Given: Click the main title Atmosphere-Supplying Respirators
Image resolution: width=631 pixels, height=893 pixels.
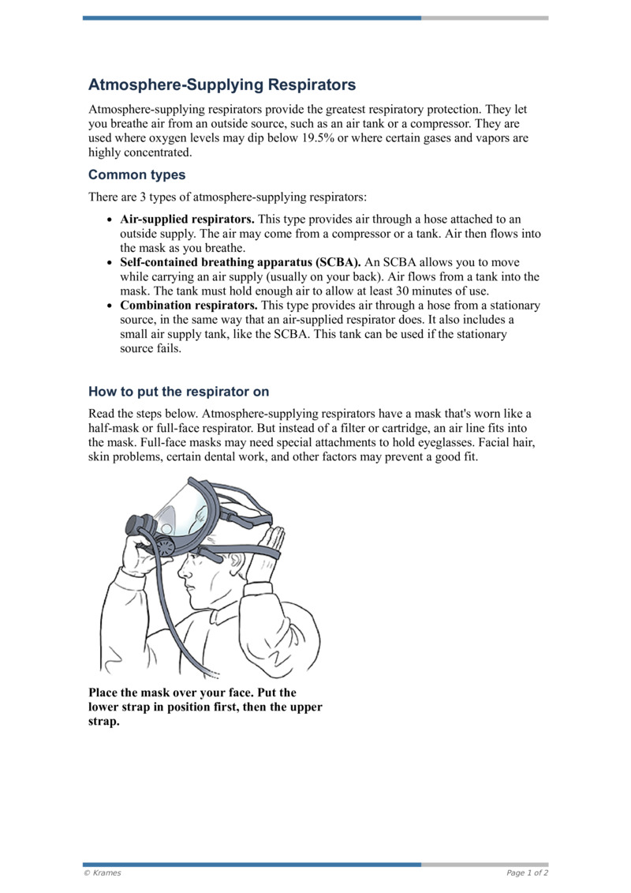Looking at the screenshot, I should coord(222,84).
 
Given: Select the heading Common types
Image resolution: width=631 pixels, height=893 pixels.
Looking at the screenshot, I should coord(136,174).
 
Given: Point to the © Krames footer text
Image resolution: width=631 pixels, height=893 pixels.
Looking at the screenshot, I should coord(102,873).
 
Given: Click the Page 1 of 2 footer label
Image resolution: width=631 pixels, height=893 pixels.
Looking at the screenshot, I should coord(527,873).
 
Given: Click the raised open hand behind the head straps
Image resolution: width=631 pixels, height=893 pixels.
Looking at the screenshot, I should coord(271,545).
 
